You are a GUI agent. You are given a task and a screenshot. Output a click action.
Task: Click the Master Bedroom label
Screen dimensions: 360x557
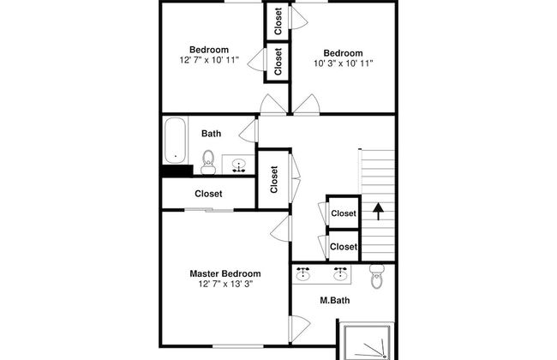pos(225,273)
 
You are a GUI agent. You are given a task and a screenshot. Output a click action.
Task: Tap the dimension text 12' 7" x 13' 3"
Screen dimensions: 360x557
pos(225,284)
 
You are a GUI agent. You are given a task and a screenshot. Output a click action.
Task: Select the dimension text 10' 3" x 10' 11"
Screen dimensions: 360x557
pos(343,63)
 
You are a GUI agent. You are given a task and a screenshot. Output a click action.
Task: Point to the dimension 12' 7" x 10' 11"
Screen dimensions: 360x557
pos(210,60)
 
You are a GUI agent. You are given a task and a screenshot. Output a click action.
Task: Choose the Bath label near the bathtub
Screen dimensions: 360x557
pos(211,133)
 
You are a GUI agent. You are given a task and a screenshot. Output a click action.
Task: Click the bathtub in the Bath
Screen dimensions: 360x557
pos(176,140)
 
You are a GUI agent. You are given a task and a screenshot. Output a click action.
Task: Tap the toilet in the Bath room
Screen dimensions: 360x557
pos(207,160)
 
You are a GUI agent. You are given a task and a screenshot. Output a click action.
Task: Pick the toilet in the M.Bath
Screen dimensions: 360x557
pos(375,275)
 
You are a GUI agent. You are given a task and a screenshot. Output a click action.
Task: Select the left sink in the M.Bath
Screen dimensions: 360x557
pos(303,273)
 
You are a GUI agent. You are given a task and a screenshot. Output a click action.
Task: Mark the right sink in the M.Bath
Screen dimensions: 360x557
pos(341,273)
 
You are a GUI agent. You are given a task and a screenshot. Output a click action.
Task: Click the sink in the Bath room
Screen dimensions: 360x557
pos(239,164)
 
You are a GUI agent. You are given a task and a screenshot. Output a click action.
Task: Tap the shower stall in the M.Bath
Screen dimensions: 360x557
pos(367,341)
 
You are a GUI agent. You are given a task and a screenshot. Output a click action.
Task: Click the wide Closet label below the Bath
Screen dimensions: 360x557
pos(208,194)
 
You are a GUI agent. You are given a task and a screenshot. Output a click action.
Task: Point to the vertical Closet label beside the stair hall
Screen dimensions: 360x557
pos(274,179)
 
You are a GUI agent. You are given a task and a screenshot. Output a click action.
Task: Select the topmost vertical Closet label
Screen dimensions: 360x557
pos(278,21)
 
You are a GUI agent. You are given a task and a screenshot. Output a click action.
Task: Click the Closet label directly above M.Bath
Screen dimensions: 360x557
pos(343,247)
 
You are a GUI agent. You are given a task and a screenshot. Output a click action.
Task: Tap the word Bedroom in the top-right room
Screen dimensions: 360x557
pos(343,52)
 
